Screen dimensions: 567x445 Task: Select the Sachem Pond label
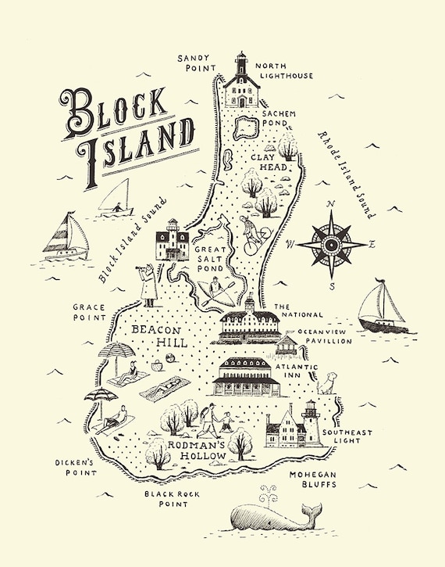[x=279, y=118]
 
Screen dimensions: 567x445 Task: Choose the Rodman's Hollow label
[x=197, y=450]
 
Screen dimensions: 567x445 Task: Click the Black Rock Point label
[x=168, y=499]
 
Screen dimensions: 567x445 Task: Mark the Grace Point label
[x=89, y=313]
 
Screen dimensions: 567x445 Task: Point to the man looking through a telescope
[x=148, y=285]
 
